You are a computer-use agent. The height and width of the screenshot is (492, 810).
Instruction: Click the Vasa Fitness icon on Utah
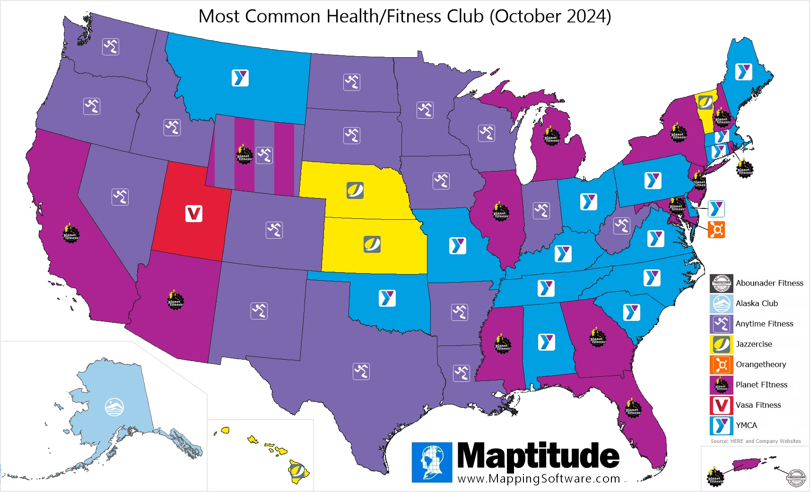193,214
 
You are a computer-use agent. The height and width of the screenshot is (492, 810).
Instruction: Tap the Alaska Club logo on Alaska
114,406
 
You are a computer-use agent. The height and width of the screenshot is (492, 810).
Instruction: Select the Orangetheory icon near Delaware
716,230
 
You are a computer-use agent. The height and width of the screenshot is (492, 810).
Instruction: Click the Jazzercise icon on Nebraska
355,190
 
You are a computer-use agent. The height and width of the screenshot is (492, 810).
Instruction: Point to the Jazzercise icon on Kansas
372,244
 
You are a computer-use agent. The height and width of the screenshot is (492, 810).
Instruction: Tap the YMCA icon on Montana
240,78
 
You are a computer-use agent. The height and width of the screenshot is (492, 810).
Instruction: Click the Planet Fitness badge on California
71,233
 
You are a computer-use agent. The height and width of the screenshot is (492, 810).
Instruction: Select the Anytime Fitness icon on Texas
361,371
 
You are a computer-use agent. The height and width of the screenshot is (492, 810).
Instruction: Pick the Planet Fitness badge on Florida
633,409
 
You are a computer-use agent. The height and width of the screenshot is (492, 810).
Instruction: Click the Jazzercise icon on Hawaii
297,470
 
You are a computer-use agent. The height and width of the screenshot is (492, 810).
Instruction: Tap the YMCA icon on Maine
744,72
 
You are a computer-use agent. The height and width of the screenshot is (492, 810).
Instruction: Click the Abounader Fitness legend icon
721,283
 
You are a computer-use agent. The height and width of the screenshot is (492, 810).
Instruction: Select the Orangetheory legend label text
761,364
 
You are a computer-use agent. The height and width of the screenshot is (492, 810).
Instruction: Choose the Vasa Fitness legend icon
721,405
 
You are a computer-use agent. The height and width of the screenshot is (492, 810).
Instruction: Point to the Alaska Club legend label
757,303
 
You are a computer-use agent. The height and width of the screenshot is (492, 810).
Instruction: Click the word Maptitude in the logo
538,456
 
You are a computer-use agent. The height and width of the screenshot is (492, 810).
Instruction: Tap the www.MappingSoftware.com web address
539,479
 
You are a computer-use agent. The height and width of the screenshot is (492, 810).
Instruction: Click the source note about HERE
755,441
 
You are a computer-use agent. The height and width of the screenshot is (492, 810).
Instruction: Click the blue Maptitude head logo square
432,462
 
